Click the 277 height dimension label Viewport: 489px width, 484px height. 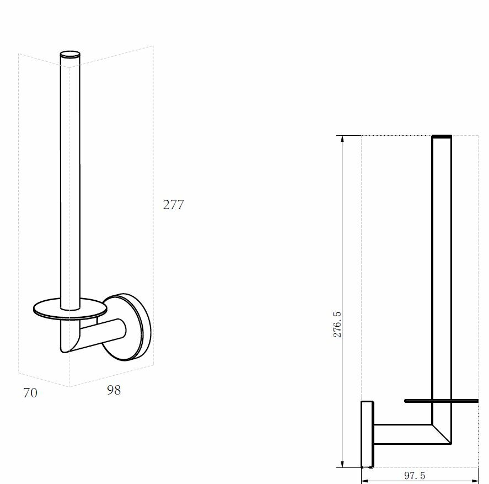pyautogui.click(x=174, y=205)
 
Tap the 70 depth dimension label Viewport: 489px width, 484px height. pyautogui.click(x=30, y=393)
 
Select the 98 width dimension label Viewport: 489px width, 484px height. pyautogui.click(x=114, y=390)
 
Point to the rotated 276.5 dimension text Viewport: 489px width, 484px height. pyautogui.click(x=337, y=325)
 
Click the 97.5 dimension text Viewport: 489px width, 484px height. pyautogui.click(x=415, y=476)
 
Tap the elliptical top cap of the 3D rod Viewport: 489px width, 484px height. pyautogui.click(x=70, y=54)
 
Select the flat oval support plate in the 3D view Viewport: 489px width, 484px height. pyautogui.click(x=70, y=309)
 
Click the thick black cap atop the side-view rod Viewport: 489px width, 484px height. pyautogui.click(x=442, y=136)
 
